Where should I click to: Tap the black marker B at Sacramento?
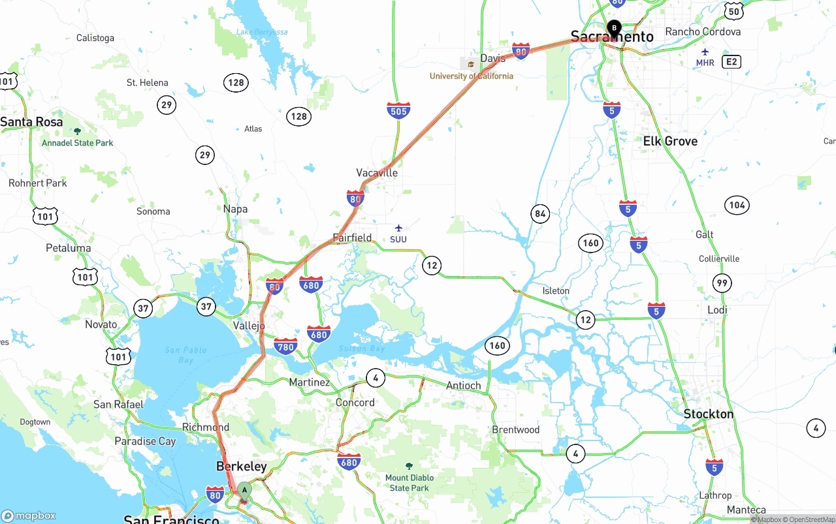[614, 28]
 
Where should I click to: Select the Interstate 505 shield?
[398, 110]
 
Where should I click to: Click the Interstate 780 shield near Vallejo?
[286, 346]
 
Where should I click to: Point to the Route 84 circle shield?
[539, 213]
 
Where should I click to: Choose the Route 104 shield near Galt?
[737, 205]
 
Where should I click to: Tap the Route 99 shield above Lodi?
[722, 283]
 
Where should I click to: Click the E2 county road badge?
[731, 62]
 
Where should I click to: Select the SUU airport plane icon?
[398, 228]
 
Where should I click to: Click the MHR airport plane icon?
[705, 52]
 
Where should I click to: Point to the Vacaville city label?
[377, 173]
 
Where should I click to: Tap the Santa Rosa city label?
[31, 122]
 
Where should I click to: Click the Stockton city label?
[708, 414]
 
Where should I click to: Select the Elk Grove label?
[670, 142]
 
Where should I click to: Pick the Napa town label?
[235, 209]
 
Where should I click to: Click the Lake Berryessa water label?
[262, 32]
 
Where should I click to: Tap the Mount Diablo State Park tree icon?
[410, 466]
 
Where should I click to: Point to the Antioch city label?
[463, 386]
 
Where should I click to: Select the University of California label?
[472, 76]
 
